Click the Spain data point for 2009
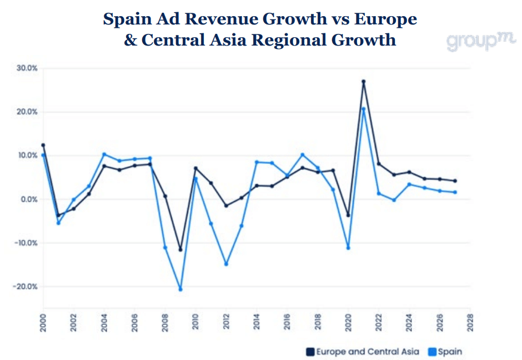180,289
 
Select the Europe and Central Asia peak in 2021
363,82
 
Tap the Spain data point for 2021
363,109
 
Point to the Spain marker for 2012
226,264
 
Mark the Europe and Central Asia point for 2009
180,249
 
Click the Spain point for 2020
348,248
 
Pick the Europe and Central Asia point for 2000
43,145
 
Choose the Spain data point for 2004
104,154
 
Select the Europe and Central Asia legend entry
363,351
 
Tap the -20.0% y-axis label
26,287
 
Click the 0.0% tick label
28,199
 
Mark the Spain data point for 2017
302,154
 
